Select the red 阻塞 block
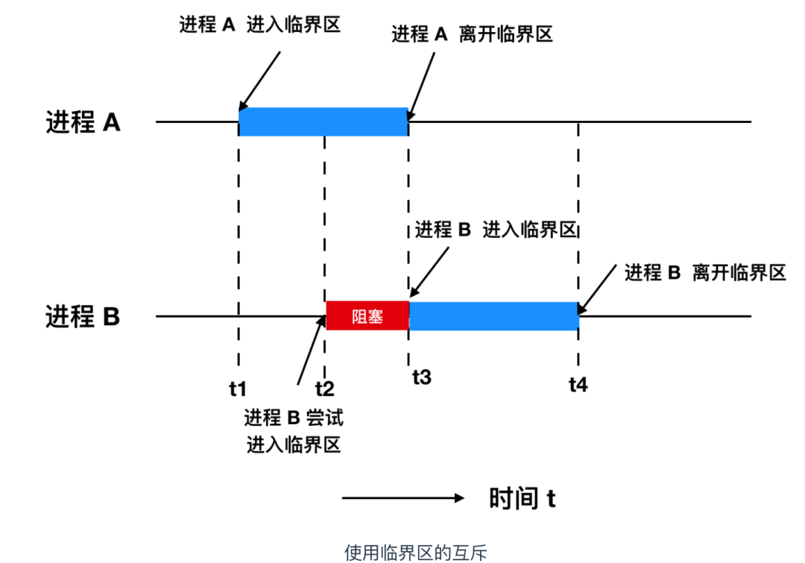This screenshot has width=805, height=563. (367, 316)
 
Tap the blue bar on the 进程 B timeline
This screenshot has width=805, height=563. (493, 316)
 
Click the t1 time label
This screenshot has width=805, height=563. (238, 388)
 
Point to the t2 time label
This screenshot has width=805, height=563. (324, 388)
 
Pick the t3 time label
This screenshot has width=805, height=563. (421, 377)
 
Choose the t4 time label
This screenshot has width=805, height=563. (578, 385)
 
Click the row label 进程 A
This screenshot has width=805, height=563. (83, 122)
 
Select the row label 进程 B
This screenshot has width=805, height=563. (83, 317)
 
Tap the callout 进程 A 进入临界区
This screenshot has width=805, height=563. (259, 25)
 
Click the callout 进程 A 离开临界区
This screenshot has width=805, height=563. (472, 34)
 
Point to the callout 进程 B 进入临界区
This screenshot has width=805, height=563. (496, 229)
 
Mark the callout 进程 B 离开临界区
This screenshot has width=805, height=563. (705, 272)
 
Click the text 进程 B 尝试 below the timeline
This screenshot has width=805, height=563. (294, 418)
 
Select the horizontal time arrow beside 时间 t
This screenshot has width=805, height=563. (403, 498)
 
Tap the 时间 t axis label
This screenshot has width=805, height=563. (522, 498)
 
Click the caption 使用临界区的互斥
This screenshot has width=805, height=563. (416, 553)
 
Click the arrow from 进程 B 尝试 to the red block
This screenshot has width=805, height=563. (311, 350)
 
